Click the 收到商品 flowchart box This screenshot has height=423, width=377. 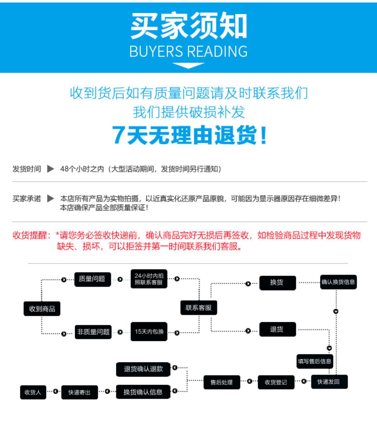(x=42, y=308)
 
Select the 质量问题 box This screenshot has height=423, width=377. (x=92, y=279)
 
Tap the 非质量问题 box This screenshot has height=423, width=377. (x=93, y=332)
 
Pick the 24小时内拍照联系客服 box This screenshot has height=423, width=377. (x=149, y=279)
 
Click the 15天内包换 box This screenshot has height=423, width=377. (x=149, y=332)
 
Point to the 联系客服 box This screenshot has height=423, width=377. (x=199, y=308)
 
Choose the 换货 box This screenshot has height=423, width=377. (x=277, y=283)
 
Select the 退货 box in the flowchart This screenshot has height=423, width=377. (x=277, y=329)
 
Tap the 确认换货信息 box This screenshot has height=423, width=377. (x=338, y=282)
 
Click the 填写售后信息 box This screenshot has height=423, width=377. (x=315, y=361)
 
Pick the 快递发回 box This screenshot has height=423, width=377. (x=329, y=382)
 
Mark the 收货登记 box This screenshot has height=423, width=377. (x=276, y=382)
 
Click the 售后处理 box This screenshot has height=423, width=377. (x=222, y=382)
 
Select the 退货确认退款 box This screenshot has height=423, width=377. (x=143, y=369)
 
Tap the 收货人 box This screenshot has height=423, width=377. (x=33, y=392)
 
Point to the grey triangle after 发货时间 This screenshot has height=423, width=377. (x=51, y=169)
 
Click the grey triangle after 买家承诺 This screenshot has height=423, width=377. (x=51, y=198)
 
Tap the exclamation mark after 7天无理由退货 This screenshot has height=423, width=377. (x=263, y=136)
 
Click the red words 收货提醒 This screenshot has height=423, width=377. (x=30, y=235)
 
